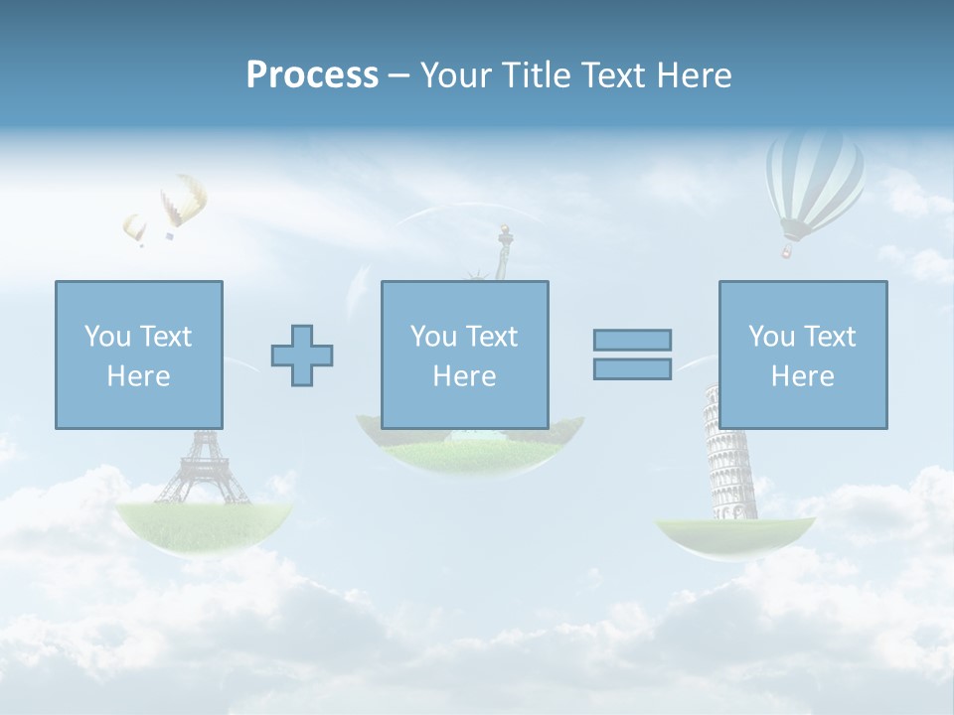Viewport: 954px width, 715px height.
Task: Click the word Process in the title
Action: click(312, 75)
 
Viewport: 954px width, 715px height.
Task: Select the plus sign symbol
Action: click(302, 356)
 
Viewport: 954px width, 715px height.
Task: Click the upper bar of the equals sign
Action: click(632, 340)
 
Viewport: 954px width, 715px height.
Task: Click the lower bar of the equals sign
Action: click(632, 368)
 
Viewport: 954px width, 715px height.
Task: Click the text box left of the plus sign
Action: click(138, 355)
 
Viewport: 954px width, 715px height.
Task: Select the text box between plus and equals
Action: click(464, 355)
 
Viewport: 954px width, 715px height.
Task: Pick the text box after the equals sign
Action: click(802, 355)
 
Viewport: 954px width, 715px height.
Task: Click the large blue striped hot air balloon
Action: click(815, 179)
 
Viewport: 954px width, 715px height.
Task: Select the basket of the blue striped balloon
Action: click(787, 251)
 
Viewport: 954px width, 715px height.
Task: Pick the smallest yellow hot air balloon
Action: click(134, 228)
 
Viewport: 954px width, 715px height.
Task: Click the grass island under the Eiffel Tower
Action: click(204, 522)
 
